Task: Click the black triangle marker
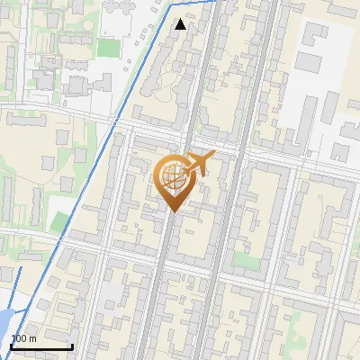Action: click(181, 24)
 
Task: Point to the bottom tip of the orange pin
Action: click(173, 211)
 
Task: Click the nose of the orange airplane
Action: click(214, 155)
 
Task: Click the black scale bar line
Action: click(41, 346)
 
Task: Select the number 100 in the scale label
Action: click(18, 338)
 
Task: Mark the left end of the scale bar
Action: click(11, 346)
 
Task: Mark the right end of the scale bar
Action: click(72, 346)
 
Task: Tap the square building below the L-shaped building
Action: click(309, 62)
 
